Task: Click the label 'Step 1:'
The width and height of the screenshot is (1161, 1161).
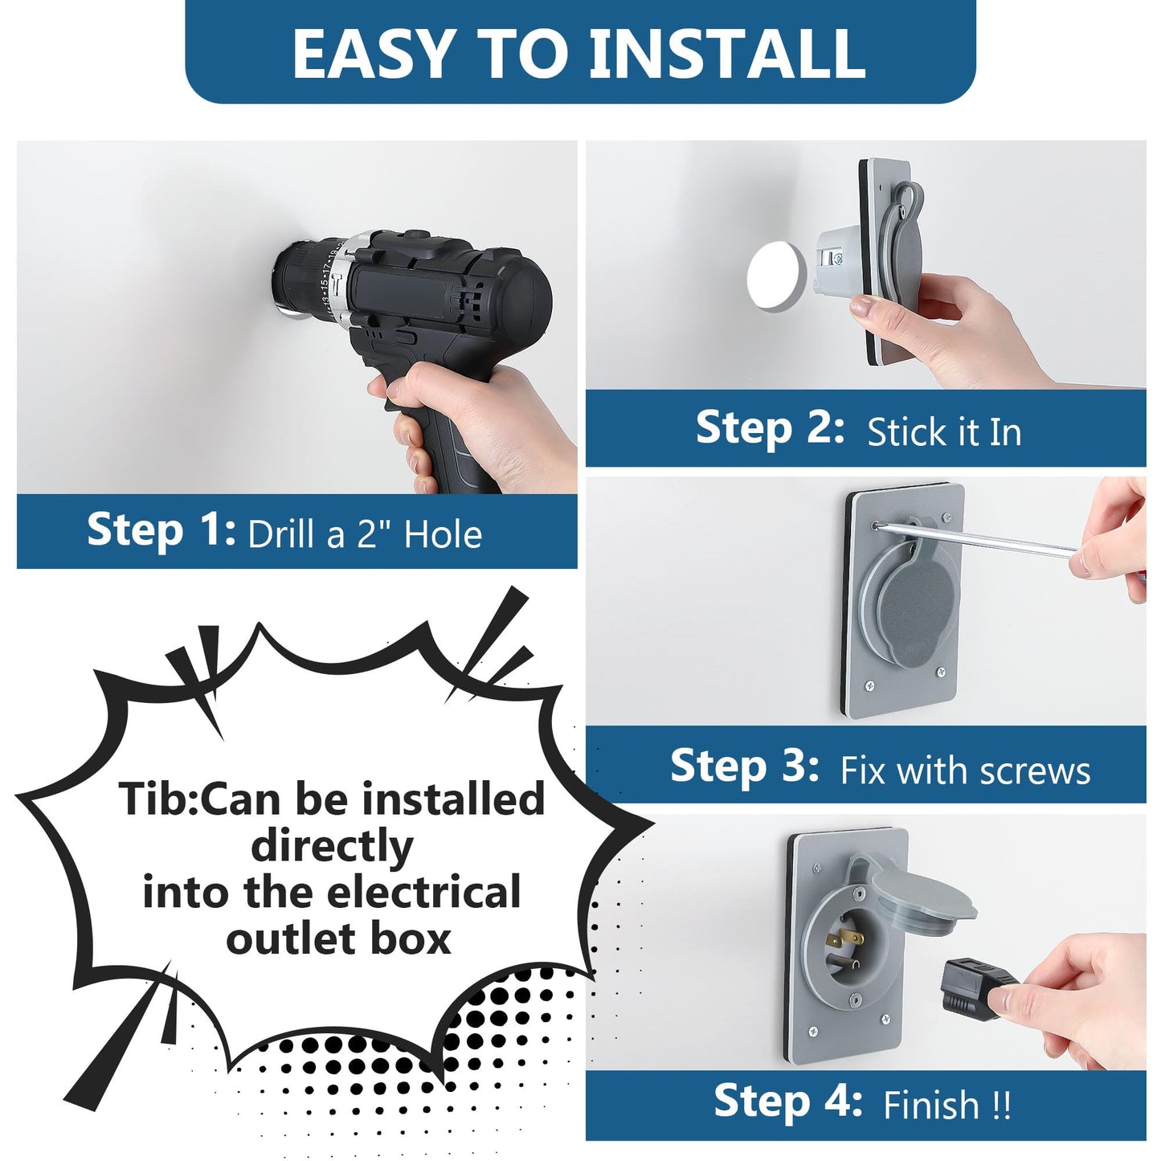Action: point(161,529)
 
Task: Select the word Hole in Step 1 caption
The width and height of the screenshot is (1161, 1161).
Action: point(443,533)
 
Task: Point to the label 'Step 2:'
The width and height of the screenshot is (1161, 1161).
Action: point(770,427)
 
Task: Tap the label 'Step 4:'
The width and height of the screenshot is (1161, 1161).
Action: point(788,1100)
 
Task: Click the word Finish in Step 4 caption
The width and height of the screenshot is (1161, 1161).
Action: point(931,1105)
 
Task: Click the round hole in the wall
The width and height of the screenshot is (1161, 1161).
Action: point(777,276)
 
